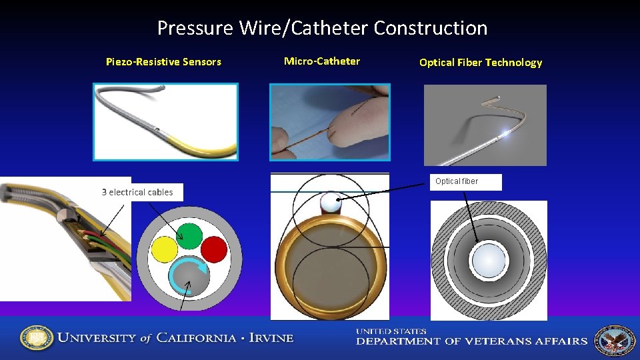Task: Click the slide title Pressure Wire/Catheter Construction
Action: click(322, 28)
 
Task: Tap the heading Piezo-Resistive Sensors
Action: click(163, 62)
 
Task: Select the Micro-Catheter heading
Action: click(322, 61)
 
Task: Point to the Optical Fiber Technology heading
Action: click(481, 63)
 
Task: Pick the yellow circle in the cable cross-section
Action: click(164, 251)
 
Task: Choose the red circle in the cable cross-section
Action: click(214, 250)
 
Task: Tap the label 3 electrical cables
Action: click(137, 192)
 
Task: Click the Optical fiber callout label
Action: click(457, 181)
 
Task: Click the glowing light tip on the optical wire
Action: click(509, 132)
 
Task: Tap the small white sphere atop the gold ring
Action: click(330, 201)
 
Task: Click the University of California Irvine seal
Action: click(36, 339)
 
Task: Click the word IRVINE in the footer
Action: click(271, 338)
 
